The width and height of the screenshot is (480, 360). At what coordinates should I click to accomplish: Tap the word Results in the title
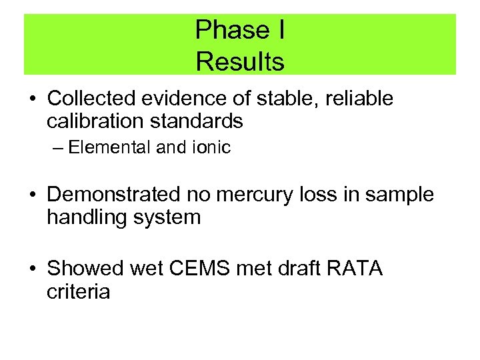point(240,62)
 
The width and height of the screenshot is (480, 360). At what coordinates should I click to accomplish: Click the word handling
point(85,217)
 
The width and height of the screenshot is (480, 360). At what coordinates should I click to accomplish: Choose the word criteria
point(79,291)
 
